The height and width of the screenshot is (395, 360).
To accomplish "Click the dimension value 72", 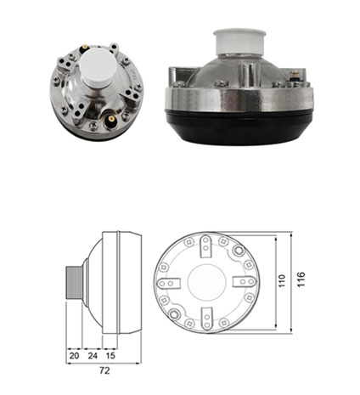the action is (104, 370).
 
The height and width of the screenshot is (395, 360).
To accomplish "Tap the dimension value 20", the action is (74, 355).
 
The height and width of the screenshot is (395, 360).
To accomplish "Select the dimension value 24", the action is (93, 355).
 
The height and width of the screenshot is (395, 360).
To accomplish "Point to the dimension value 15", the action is (110, 355).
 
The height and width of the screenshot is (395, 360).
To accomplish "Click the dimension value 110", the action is (282, 281).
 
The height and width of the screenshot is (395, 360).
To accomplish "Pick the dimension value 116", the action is (301, 279).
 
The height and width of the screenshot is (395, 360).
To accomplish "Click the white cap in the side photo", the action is (239, 42).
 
